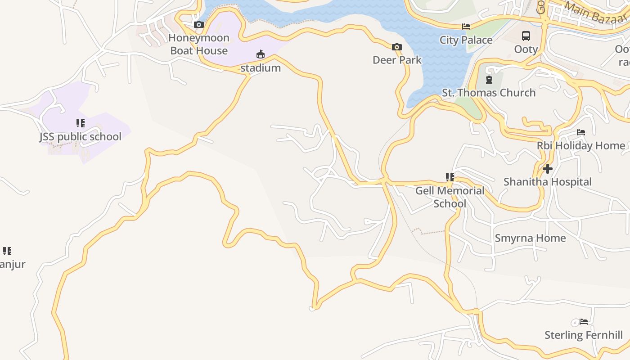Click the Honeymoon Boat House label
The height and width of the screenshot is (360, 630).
199,44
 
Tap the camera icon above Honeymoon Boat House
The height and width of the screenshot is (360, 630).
198,24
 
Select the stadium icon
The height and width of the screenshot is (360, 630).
260,54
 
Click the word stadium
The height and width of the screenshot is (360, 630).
261,68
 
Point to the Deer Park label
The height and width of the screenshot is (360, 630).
397,60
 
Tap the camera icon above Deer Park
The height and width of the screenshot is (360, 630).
396,47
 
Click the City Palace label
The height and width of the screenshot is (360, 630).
466,40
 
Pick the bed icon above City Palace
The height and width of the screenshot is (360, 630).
466,27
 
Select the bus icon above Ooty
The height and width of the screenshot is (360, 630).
526,36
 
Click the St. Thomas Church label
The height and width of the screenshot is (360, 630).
489,93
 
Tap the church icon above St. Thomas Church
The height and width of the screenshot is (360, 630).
489,80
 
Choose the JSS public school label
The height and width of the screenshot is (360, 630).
80,136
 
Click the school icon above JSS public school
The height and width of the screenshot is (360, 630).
81,123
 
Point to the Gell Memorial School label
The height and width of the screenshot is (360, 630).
450,197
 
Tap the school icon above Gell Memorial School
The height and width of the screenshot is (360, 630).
450,177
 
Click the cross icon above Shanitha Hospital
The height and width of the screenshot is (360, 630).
547,169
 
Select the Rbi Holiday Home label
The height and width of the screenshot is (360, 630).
580,146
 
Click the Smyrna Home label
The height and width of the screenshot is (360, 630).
530,238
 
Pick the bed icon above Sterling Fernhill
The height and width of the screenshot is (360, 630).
584,322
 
